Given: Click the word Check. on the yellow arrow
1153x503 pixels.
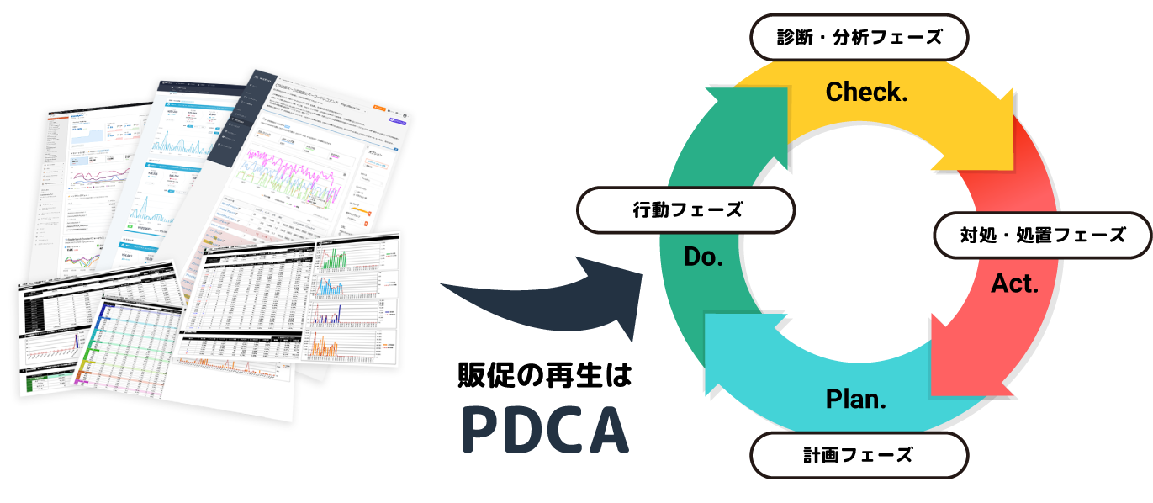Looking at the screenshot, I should [x=866, y=93].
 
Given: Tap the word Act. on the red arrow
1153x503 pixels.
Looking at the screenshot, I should [x=1014, y=284].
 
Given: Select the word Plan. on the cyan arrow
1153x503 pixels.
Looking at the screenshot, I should [x=856, y=399].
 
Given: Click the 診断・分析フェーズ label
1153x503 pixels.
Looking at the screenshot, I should [x=859, y=37].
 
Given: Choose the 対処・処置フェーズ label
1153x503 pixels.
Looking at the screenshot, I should [x=1042, y=236].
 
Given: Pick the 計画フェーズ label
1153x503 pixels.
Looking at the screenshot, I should [x=857, y=455].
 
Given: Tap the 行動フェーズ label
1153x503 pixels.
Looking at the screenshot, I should [x=687, y=210].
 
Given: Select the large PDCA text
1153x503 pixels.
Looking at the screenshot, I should [x=545, y=430].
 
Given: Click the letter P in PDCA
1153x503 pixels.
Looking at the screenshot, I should [x=480, y=430].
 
